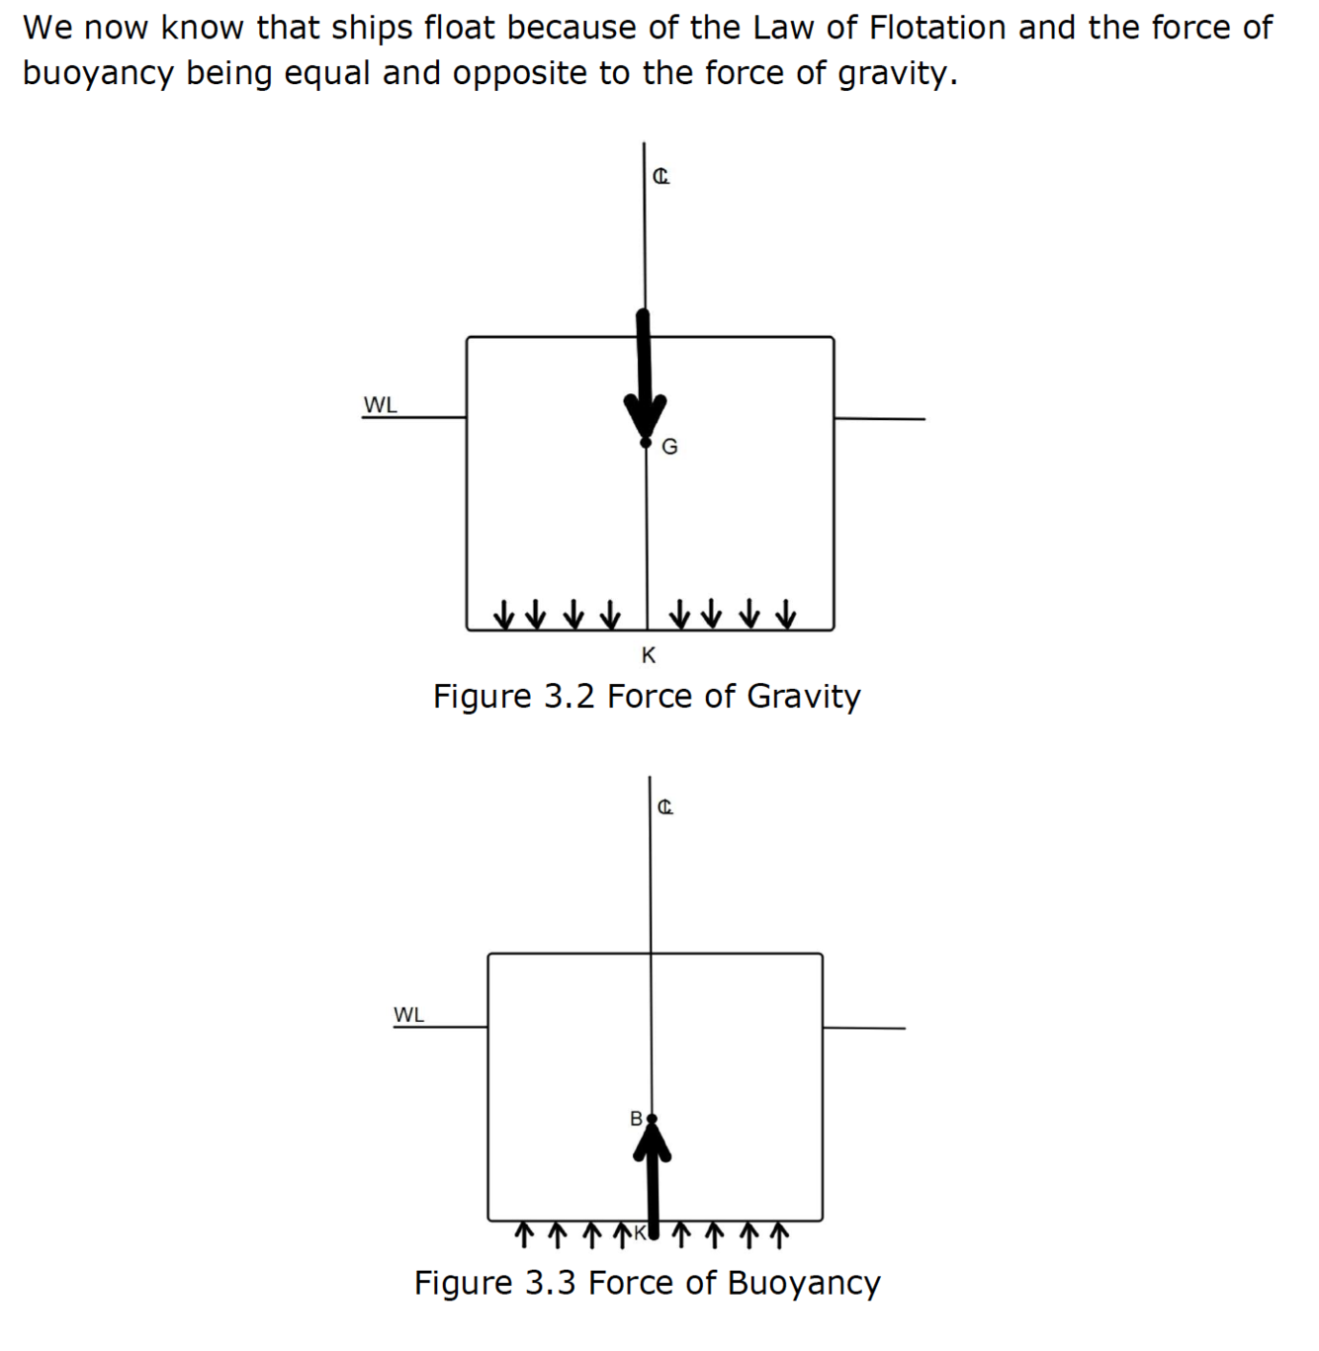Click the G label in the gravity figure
669,447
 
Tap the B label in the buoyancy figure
636,1118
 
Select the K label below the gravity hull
649,655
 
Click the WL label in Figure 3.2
380,405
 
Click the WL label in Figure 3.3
408,1015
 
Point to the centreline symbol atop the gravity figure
660,177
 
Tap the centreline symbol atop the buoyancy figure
665,807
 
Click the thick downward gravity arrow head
645,414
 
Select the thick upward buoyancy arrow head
652,1144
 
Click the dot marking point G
646,443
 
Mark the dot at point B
651,1119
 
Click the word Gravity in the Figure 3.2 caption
803,697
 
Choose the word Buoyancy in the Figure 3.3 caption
803,1283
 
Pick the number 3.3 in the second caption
550,1283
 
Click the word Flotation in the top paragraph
933,28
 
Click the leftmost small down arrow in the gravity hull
504,614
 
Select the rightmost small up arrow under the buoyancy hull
779,1233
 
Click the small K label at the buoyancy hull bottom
640,1232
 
